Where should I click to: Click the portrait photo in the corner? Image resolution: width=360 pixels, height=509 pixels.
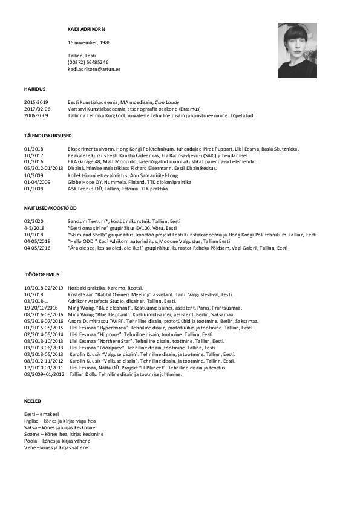297,50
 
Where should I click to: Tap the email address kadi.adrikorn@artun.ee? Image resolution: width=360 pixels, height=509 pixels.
94,70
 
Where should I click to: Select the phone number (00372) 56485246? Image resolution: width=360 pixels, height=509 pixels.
88,62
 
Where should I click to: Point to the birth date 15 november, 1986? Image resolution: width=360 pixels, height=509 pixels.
89,42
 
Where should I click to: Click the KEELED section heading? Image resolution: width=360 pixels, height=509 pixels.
33,401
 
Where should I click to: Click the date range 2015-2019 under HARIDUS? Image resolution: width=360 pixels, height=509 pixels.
36,102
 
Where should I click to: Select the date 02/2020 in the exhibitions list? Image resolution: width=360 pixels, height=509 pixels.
34,222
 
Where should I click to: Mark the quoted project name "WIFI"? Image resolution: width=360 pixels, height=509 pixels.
119,321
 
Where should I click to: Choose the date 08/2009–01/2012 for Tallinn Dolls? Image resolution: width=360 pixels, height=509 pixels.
44,374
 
